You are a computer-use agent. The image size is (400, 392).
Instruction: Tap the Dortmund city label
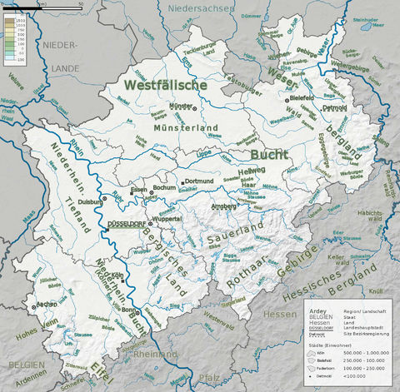click(x=200, y=181)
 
